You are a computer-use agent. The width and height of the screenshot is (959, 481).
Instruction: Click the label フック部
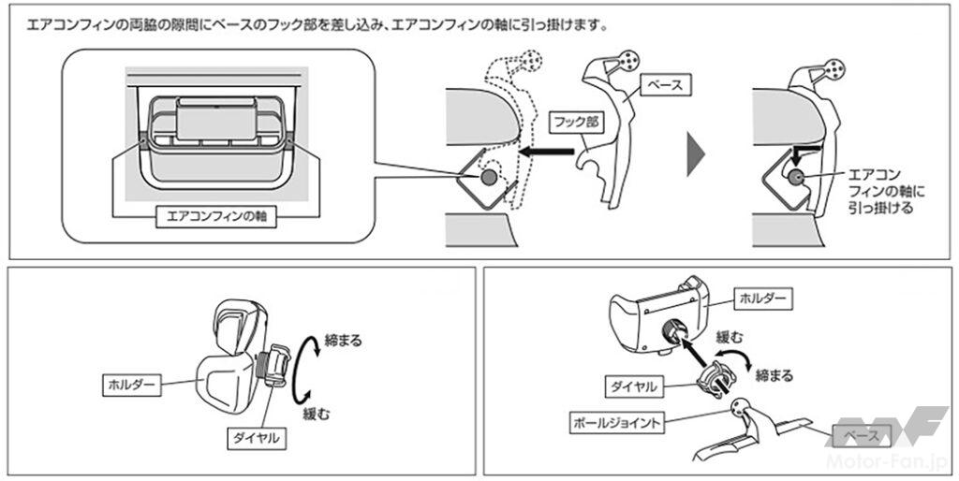572,122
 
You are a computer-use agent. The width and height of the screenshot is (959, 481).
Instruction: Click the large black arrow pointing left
547,150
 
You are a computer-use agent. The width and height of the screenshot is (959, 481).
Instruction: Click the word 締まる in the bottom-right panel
773,376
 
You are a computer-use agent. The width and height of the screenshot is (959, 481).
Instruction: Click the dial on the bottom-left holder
274,369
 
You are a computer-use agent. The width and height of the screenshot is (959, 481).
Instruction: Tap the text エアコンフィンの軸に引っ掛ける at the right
879,192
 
